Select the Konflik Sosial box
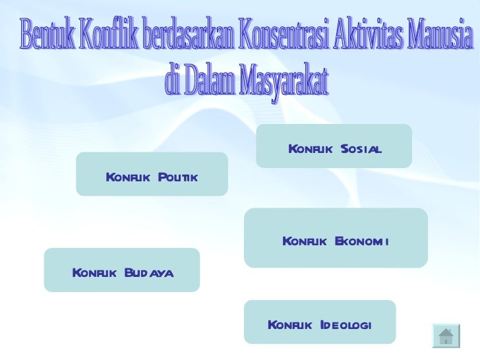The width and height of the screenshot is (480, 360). click(334, 146)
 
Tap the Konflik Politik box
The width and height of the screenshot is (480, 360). click(152, 174)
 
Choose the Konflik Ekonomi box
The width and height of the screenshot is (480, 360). click(336, 237)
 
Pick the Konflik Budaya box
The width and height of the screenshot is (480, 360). click(121, 270)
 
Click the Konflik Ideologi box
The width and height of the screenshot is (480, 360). click(320, 322)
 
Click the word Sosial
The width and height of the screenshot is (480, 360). click(361, 150)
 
